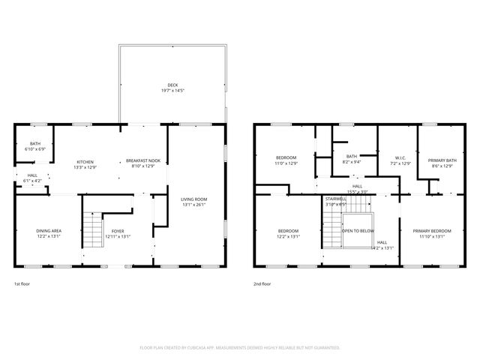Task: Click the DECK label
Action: click(172, 85)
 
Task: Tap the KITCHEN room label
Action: click(85, 161)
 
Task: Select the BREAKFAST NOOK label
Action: click(142, 161)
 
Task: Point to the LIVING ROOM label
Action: click(194, 199)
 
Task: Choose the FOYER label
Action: click(118, 230)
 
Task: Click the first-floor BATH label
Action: click(35, 143)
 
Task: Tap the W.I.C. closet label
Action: click(400, 157)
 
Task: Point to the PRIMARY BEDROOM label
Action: click(432, 230)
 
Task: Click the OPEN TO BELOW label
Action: click(358, 230)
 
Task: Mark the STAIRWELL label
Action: click(335, 199)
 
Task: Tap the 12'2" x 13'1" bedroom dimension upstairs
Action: click(289, 235)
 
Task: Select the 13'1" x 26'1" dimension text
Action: click(194, 204)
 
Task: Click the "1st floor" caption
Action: click(22, 284)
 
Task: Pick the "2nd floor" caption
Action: click(263, 284)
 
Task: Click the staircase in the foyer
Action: click(93, 229)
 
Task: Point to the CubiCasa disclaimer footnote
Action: click(240, 347)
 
